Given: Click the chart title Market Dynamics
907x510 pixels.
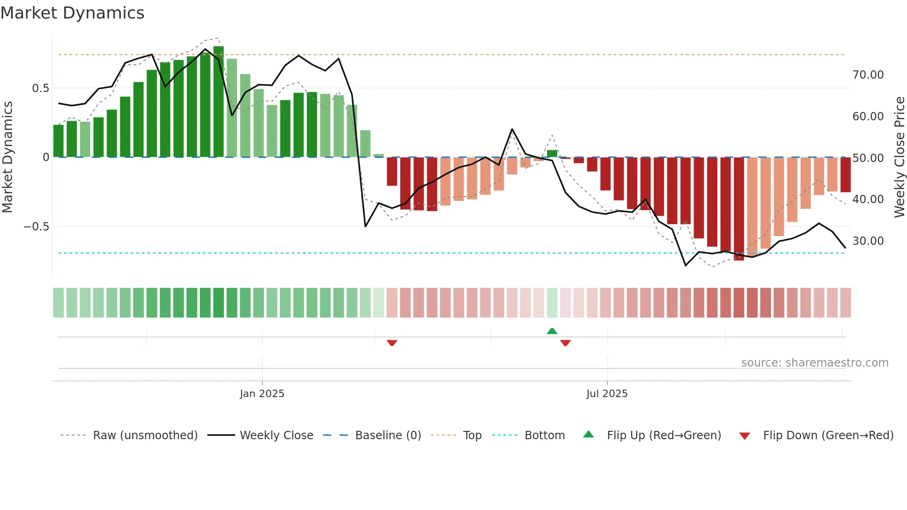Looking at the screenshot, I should [72, 13].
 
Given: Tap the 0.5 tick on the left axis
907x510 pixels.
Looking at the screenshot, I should [40, 88].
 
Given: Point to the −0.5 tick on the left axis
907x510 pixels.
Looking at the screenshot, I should [36, 227].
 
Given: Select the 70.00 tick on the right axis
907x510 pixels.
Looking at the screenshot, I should [868, 75].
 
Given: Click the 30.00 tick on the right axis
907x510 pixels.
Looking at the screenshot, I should [868, 241].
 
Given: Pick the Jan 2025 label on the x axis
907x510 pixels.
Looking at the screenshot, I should [262, 394].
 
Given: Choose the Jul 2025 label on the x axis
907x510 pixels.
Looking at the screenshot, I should [607, 394].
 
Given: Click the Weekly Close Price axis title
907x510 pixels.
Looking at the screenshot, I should [899, 157].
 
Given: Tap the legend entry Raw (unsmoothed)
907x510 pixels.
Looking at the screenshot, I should [145, 435].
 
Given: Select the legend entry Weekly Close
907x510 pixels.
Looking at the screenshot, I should [276, 435].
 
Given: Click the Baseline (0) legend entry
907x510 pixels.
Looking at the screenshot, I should [388, 435].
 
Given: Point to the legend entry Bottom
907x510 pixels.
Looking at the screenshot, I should [544, 435].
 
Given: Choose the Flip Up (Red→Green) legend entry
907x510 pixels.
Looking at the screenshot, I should [664, 435].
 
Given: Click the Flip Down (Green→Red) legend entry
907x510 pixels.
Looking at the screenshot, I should [828, 435].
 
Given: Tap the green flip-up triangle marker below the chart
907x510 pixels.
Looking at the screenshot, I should [552, 331].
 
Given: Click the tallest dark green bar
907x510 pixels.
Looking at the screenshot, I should [218, 102].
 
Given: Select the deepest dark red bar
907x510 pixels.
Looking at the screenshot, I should [739, 208].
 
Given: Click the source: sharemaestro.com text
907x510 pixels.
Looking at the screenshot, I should [814, 363].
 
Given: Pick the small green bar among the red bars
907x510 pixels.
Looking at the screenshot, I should [552, 154].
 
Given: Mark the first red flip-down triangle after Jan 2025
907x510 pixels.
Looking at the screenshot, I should [392, 343].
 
